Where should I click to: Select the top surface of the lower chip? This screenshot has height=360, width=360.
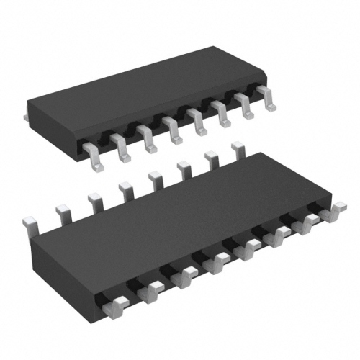pyautogui.click(x=180, y=216)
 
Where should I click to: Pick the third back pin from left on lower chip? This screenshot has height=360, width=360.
pyautogui.click(x=94, y=197)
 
